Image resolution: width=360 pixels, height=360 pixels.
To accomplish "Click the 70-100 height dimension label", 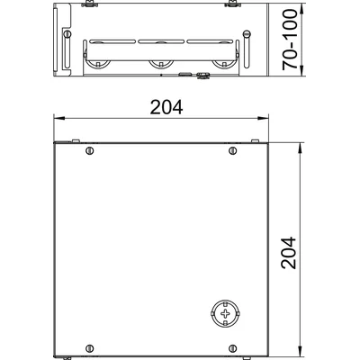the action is pyautogui.click(x=290, y=40).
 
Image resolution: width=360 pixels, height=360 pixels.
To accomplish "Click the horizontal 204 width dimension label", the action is pyautogui.click(x=166, y=107).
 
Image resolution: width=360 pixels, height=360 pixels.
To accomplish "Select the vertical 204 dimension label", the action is pyautogui.click(x=289, y=253).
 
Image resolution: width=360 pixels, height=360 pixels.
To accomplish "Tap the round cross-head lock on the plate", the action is pyautogui.click(x=225, y=314).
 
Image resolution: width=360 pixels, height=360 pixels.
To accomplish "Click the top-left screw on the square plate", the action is pyautogui.click(x=89, y=150).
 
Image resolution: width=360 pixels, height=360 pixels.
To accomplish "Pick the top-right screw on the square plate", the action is pyautogui.click(x=232, y=150).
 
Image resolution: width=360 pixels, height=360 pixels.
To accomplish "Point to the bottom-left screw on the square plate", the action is pyautogui.click(x=89, y=348).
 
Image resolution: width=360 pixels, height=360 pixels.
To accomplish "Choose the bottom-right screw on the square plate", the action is pyautogui.click(x=232, y=348).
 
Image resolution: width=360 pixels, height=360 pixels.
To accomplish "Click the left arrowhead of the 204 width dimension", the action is pyautogui.click(x=59, y=119).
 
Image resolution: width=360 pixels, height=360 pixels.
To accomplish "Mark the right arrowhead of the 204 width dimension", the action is pyautogui.click(x=262, y=119).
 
